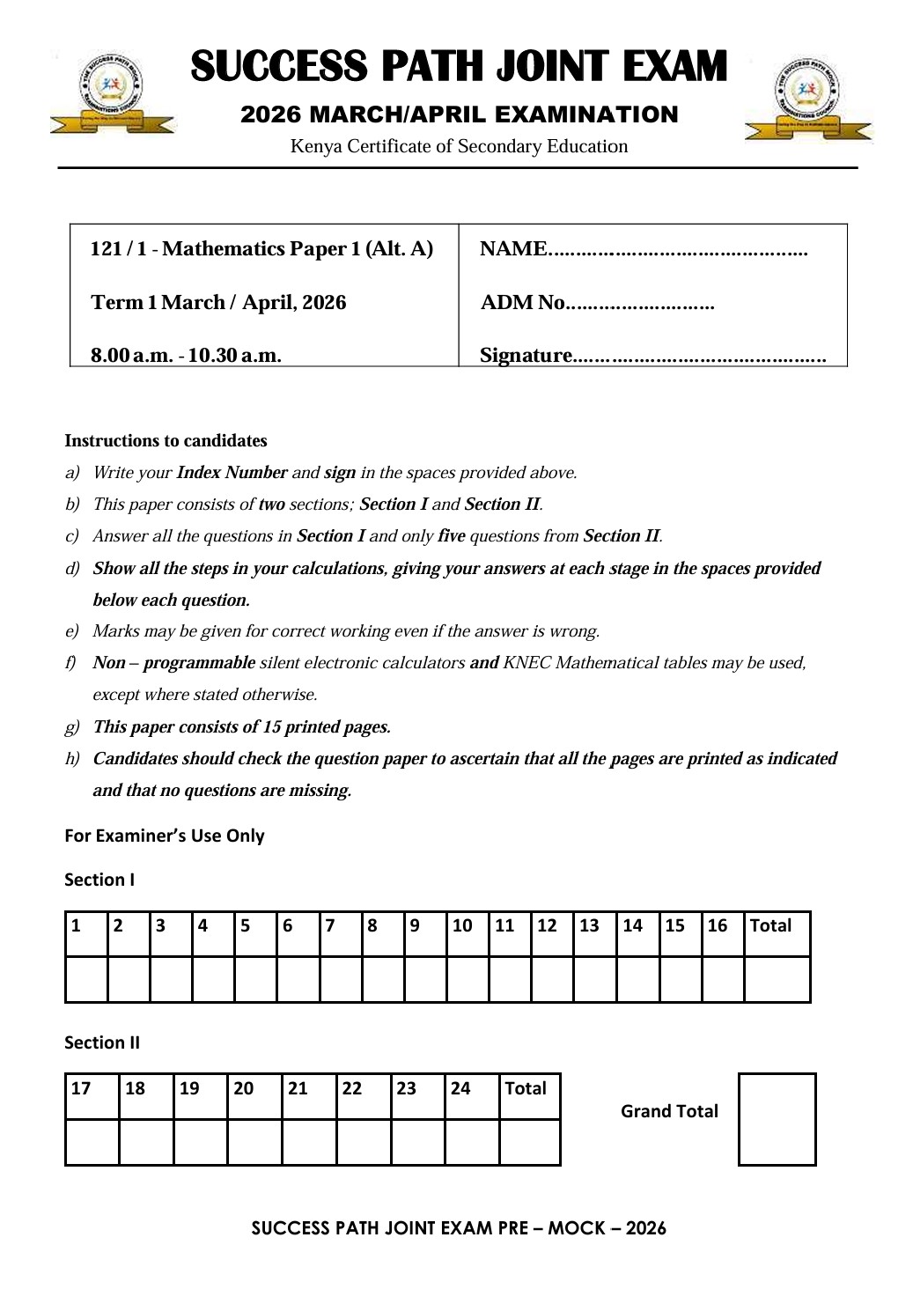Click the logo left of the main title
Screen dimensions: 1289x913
[x=113, y=93]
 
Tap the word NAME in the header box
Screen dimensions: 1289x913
[x=513, y=249]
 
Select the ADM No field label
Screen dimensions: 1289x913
[x=523, y=303]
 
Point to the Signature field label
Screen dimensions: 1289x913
[x=526, y=356]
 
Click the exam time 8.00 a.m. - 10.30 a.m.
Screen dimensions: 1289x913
[x=186, y=356]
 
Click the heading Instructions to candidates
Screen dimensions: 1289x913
[x=166, y=441]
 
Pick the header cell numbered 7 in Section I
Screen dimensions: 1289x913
[x=340, y=926]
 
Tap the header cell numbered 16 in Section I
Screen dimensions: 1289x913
[x=722, y=926]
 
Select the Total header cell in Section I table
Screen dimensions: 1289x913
[x=776, y=926]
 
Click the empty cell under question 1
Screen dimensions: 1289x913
[x=86, y=979]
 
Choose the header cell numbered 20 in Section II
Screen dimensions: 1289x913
[x=254, y=1089]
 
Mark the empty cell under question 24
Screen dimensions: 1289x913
[x=471, y=1142]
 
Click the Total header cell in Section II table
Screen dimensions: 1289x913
[x=529, y=1089]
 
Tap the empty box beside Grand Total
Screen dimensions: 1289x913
[x=777, y=1119]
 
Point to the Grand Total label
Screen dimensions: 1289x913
[x=669, y=1112]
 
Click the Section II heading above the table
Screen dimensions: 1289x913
[x=102, y=1043]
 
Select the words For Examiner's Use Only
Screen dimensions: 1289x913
[x=165, y=836]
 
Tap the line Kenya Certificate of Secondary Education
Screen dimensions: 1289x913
[x=459, y=147]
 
